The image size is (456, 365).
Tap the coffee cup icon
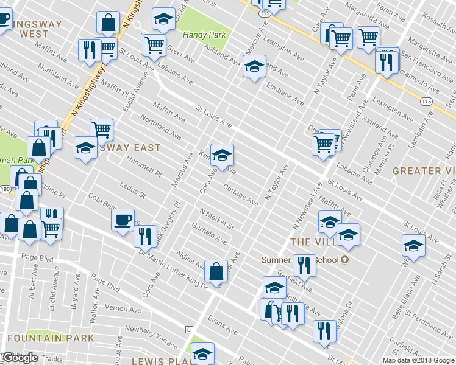click(x=123, y=219)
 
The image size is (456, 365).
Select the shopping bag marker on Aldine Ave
click(x=216, y=271)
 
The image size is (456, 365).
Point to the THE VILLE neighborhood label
click(x=313, y=242)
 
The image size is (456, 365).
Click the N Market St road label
click(x=216, y=219)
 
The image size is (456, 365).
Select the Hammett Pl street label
click(x=144, y=166)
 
